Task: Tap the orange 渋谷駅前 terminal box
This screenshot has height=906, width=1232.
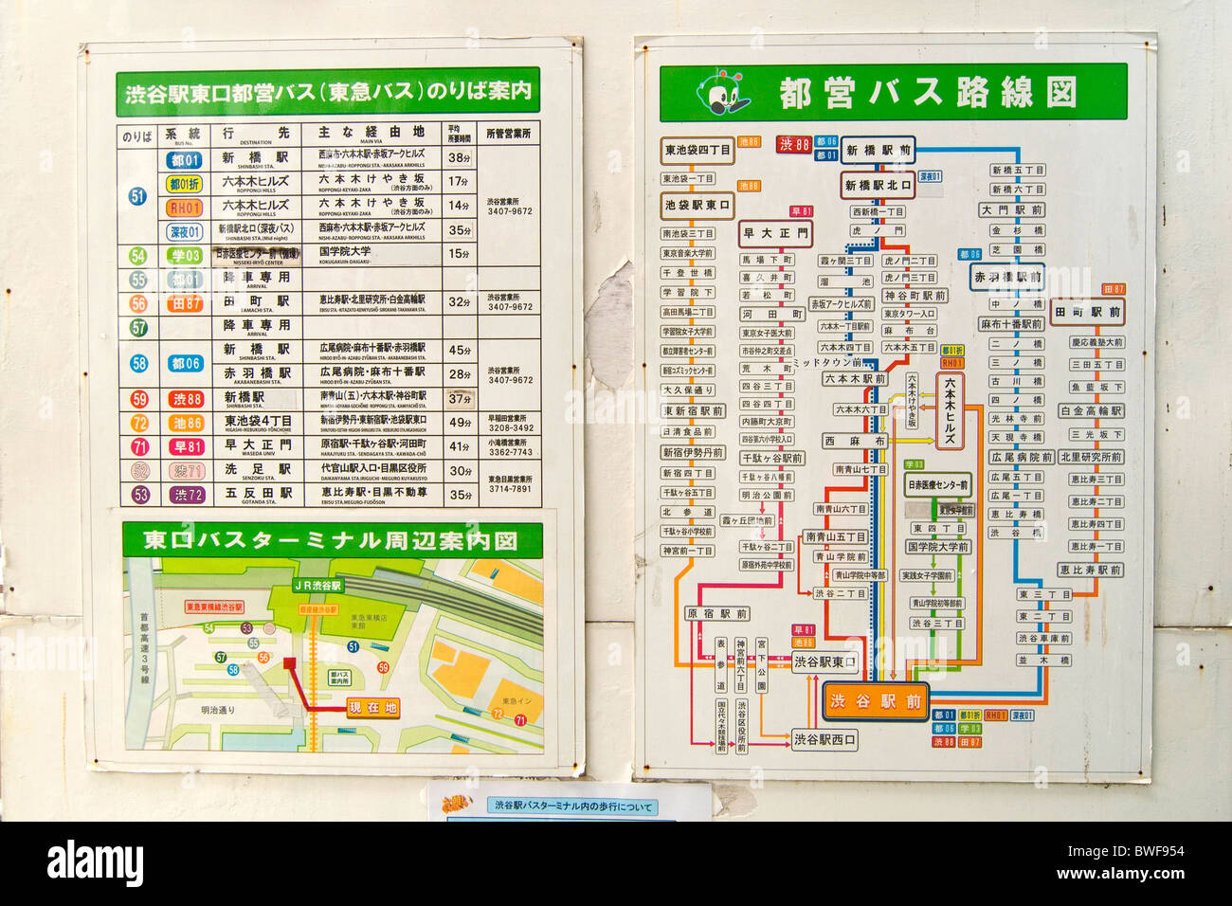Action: pyautogui.click(x=875, y=701)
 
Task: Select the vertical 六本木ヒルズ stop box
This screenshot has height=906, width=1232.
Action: pyautogui.click(x=950, y=410)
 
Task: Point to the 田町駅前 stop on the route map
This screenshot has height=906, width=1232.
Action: pyautogui.click(x=1088, y=311)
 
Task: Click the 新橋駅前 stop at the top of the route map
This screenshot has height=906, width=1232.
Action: pyautogui.click(x=879, y=151)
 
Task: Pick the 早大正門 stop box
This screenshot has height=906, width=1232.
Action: pyautogui.click(x=775, y=233)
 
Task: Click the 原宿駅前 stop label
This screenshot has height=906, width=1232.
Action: pyautogui.click(x=717, y=614)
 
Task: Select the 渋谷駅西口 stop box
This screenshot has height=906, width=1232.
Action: pyautogui.click(x=824, y=739)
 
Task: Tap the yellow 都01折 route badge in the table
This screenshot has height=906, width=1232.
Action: pyautogui.click(x=185, y=184)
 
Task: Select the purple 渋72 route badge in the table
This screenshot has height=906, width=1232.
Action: pyautogui.click(x=187, y=495)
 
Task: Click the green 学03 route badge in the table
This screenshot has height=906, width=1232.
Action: pyautogui.click(x=185, y=255)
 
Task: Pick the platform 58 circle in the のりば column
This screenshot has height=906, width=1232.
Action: pyautogui.click(x=138, y=364)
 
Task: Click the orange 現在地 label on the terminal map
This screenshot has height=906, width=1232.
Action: pyautogui.click(x=371, y=708)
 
